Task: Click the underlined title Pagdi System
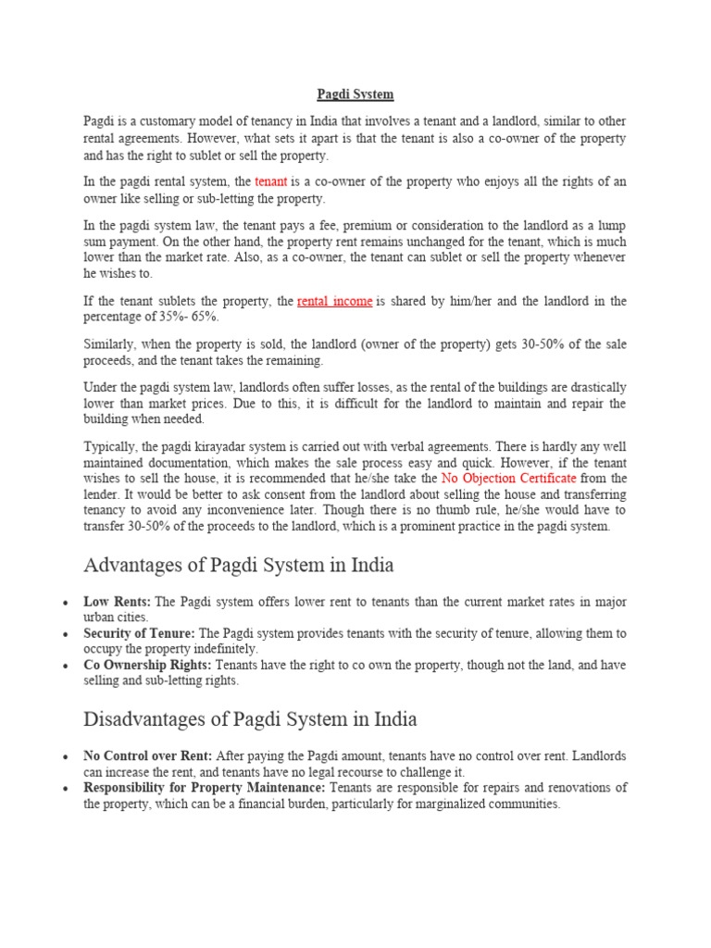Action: click(355, 94)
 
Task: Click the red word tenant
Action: click(271, 182)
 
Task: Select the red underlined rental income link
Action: click(334, 301)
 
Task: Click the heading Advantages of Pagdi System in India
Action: click(239, 564)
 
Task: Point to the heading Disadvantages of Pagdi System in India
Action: click(250, 718)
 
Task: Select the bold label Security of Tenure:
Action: click(139, 633)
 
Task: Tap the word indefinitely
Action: click(222, 649)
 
